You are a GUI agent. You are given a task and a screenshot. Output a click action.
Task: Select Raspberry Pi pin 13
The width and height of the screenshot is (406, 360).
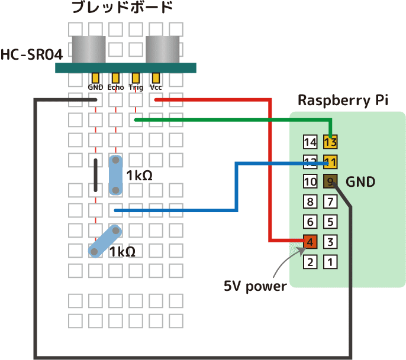point(330,142)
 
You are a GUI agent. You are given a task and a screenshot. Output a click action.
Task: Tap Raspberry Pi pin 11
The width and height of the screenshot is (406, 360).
point(330,162)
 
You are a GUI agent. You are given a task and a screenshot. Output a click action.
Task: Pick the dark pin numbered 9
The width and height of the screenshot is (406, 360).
point(330,181)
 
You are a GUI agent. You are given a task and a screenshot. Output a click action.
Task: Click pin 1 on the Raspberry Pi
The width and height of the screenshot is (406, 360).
point(330,261)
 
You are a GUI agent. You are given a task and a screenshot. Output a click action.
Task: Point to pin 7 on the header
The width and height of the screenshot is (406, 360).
point(330,202)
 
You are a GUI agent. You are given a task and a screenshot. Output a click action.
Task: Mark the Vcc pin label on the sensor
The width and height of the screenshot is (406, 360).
point(156,87)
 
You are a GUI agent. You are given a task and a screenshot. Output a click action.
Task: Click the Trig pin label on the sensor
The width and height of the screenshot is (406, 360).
point(136,87)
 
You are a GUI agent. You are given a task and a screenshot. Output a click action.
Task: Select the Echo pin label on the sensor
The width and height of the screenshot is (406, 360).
point(115,87)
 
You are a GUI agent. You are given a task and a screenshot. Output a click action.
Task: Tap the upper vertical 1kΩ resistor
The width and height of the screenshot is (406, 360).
point(116,175)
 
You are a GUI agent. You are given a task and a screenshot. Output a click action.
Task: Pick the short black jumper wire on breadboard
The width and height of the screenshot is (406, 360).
point(96,176)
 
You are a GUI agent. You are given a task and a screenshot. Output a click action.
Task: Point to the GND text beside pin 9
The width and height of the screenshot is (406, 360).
point(360,182)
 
